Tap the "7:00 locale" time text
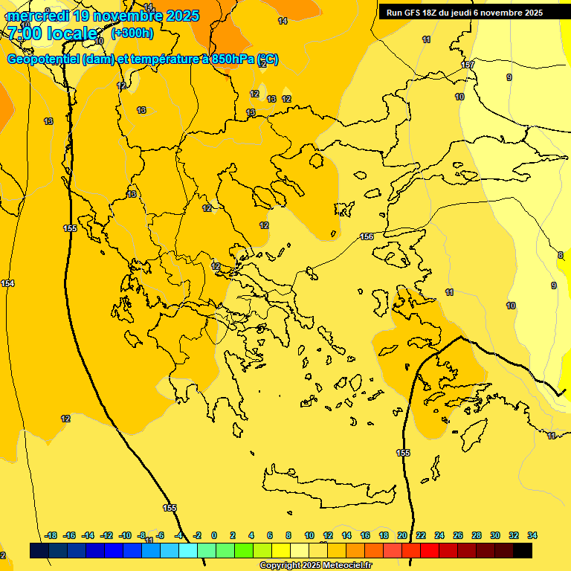[52, 33]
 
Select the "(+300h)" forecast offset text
[132, 33]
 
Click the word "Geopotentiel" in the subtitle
[42, 59]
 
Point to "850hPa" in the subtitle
[233, 59]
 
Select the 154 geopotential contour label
[7, 283]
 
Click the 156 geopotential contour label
[367, 236]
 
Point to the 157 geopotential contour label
[468, 65]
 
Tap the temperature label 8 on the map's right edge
[560, 255]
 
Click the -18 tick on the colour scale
[51, 535]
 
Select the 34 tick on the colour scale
[532, 535]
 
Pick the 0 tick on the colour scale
[214, 535]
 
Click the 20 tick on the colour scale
[402, 535]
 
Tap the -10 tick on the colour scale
[124, 535]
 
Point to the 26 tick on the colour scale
[458, 535]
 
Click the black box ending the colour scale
[523, 550]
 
